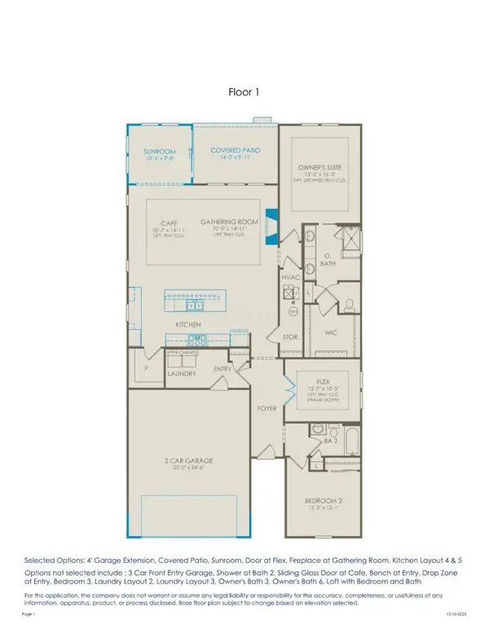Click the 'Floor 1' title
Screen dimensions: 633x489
[244, 93]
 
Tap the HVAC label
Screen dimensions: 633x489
[292, 278]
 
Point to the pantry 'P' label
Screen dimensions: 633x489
[146, 368]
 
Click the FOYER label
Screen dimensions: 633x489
[267, 408]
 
